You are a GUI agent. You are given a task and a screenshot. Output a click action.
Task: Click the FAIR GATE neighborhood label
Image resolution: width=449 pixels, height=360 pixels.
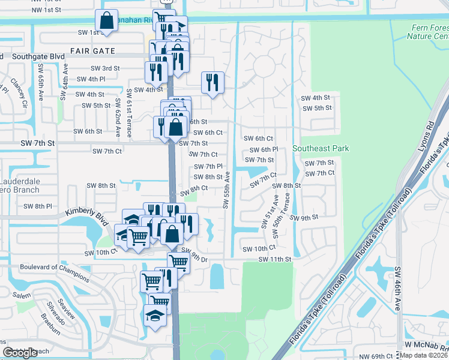pos(92,51)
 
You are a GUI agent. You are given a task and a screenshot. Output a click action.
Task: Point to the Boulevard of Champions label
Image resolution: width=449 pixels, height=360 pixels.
pos(55,272)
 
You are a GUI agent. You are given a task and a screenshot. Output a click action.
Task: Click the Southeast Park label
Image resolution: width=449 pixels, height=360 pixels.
pos(321,148)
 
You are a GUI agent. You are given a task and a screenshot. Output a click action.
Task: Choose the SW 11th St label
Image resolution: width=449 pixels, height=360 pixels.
pos(275,259)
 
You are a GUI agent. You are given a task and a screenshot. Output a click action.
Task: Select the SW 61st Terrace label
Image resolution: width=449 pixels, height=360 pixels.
pos(128,113)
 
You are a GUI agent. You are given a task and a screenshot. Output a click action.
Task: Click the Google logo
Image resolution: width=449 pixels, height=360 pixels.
pos(20,353)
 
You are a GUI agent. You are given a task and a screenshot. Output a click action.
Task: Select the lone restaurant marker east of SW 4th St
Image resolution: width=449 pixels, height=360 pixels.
pos(212,82)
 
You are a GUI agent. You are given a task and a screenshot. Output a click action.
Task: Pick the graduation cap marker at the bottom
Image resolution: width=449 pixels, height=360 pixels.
pos(155,316)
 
